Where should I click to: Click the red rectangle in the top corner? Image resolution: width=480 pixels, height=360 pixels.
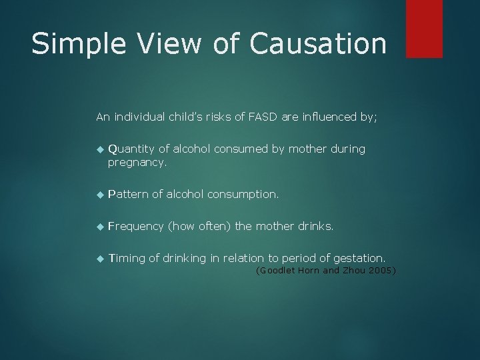424,28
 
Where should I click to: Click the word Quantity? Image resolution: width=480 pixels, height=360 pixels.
130,149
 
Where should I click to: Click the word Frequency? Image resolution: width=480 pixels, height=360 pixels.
135,226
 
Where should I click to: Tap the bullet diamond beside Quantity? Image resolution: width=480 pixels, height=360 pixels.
99,149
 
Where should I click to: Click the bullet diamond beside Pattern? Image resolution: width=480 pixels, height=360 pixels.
99,195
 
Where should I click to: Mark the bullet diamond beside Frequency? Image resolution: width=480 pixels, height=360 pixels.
99,227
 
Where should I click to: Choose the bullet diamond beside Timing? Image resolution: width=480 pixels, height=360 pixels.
99,258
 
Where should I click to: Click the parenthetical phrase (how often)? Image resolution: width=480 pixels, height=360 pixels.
199,226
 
